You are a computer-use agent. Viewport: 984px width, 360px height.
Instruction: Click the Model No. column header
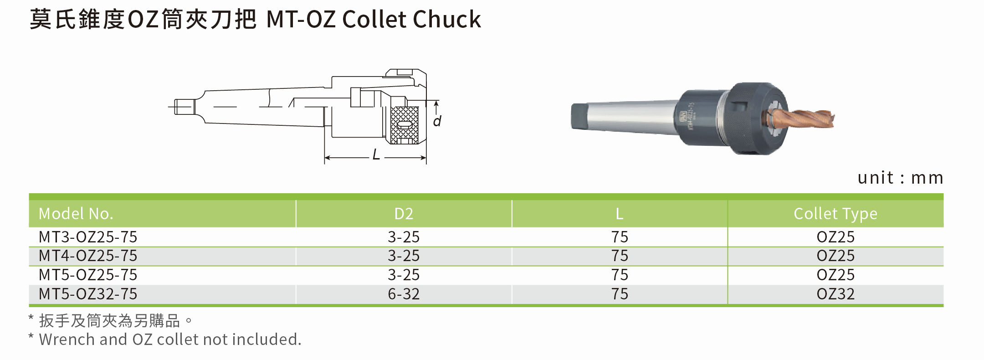click(x=76, y=214)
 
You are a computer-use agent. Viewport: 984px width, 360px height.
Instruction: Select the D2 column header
click(x=404, y=214)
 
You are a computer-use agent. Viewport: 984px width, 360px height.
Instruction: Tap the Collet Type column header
click(x=835, y=214)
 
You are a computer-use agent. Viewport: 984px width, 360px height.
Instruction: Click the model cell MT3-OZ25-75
click(x=88, y=237)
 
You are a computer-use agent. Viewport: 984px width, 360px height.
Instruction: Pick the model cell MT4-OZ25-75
click(x=88, y=256)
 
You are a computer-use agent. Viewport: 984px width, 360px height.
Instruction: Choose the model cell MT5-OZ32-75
click(x=88, y=294)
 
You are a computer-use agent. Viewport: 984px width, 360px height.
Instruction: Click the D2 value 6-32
click(x=404, y=294)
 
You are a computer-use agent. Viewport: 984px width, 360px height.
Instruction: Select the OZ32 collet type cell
click(x=835, y=294)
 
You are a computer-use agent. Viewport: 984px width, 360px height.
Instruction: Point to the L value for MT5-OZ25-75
click(x=620, y=275)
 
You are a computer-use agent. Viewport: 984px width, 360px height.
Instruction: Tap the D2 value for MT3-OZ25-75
click(x=404, y=237)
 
